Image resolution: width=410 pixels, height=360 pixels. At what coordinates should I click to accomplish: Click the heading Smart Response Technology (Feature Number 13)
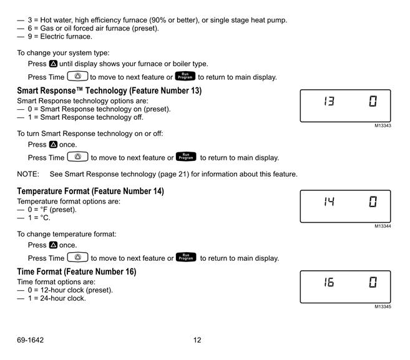click(109, 90)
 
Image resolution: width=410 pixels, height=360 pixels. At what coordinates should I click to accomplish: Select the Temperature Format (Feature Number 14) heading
click(90, 191)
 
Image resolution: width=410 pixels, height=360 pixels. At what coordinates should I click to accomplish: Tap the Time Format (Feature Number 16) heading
click(77, 271)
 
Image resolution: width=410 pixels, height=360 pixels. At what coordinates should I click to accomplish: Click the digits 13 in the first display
click(329, 101)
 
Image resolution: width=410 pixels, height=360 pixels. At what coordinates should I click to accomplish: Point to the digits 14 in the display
click(329, 202)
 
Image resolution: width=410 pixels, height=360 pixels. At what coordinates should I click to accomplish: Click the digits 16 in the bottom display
click(329, 282)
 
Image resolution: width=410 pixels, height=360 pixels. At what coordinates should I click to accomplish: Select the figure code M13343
click(383, 125)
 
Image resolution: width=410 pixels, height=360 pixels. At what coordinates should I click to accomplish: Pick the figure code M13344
click(383, 226)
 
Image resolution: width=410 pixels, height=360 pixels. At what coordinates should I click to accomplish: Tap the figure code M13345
click(383, 307)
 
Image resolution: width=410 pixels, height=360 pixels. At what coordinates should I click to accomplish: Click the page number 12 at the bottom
click(197, 340)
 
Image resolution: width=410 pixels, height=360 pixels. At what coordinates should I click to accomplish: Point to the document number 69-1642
click(31, 340)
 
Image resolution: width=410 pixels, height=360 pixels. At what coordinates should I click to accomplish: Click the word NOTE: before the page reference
click(28, 174)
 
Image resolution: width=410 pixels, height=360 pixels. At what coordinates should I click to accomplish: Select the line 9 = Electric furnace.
click(60, 37)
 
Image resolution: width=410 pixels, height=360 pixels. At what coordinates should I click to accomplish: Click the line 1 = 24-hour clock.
click(57, 298)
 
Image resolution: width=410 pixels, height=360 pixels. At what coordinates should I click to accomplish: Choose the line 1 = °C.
click(39, 218)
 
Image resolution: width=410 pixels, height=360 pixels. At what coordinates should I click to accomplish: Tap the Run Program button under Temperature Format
click(186, 257)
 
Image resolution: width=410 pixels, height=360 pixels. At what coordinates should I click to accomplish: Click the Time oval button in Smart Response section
click(77, 157)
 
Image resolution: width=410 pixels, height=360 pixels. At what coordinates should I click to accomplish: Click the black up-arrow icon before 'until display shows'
click(53, 64)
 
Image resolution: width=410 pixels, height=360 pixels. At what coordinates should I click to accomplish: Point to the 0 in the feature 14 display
click(373, 202)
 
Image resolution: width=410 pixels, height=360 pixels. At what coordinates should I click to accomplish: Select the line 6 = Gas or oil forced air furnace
click(93, 28)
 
